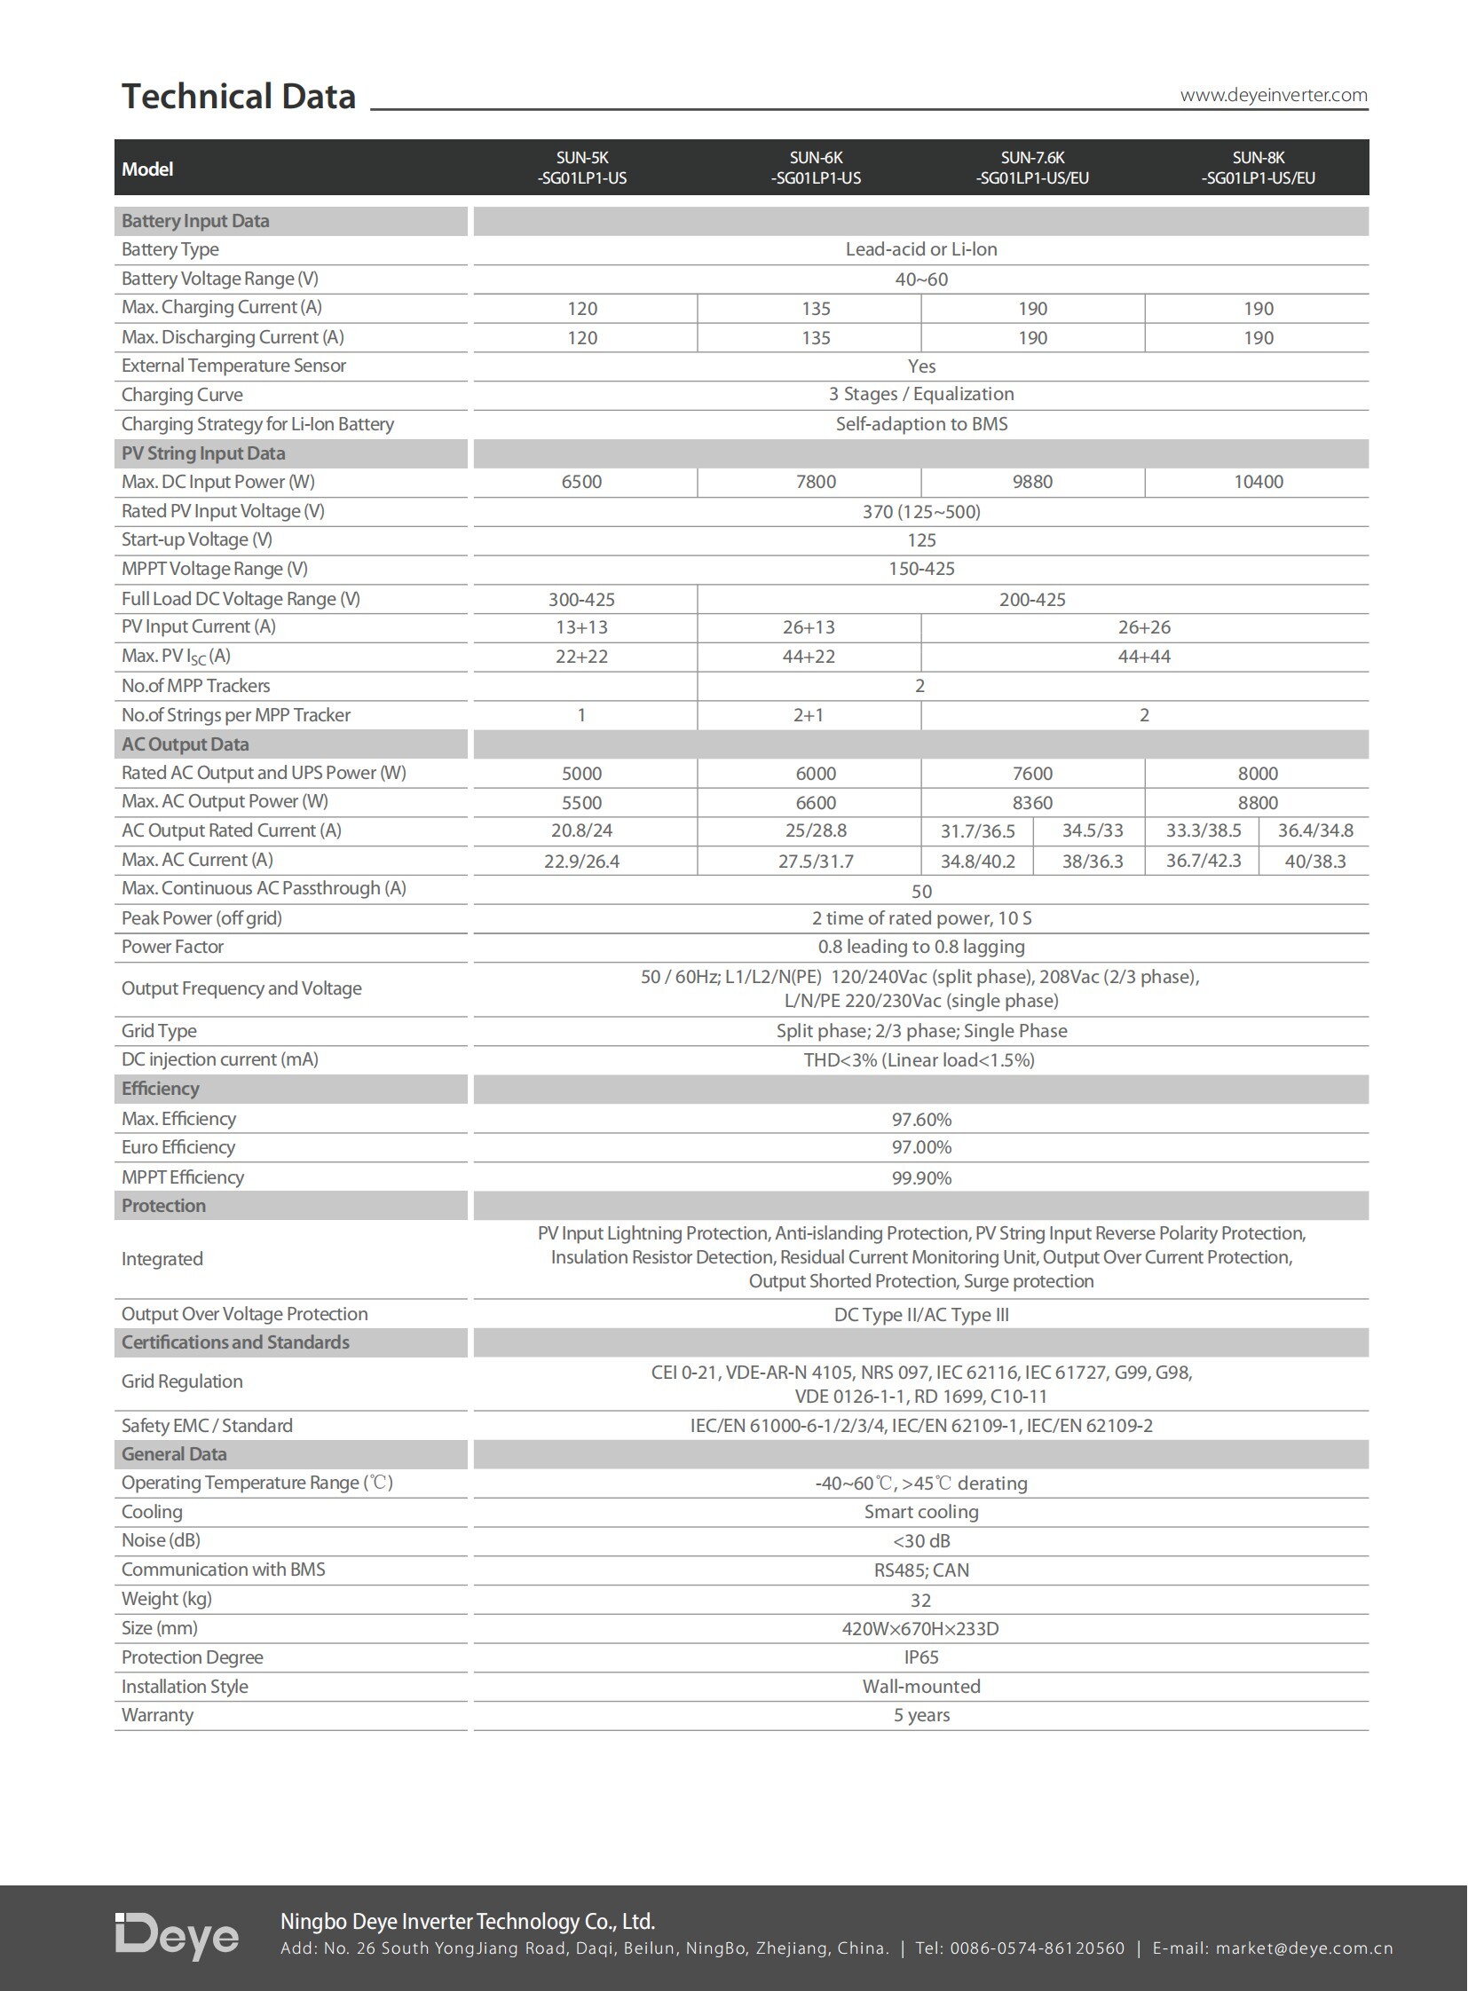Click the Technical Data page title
(x=238, y=96)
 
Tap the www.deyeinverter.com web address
(x=1273, y=95)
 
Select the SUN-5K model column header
(x=582, y=168)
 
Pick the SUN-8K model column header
(x=1258, y=168)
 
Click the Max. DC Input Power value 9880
(x=1031, y=482)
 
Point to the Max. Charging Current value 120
(x=582, y=308)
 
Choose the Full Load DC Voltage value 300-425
(x=581, y=599)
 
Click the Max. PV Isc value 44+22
(x=808, y=657)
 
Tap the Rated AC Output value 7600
(x=1031, y=773)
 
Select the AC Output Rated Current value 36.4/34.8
(x=1315, y=830)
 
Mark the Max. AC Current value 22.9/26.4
(x=582, y=861)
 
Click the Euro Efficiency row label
(x=178, y=1147)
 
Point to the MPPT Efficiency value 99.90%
(x=921, y=1178)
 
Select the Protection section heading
(x=163, y=1206)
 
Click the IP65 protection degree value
(x=921, y=1657)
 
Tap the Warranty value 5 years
(x=921, y=1715)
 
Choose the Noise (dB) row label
(x=161, y=1540)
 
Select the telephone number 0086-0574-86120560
(x=1037, y=1948)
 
